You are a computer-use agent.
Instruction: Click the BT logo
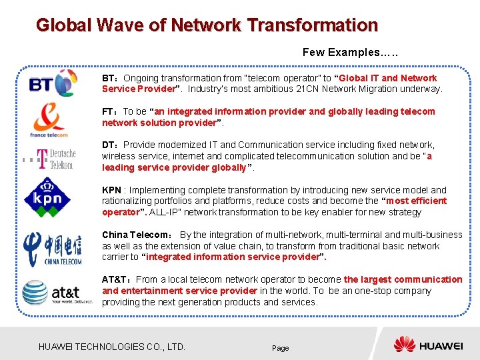tap(53, 84)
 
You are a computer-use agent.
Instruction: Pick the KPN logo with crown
tap(47, 195)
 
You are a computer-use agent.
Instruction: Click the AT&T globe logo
tap(51, 292)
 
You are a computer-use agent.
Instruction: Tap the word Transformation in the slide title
tap(312, 26)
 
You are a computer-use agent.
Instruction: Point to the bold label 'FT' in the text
tap(109, 111)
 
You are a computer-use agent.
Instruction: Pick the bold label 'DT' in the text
tap(109, 145)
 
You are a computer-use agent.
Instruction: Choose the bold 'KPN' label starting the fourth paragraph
tap(111, 190)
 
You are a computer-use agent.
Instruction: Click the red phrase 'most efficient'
tap(417, 201)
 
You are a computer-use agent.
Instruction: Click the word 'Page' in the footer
tap(280, 348)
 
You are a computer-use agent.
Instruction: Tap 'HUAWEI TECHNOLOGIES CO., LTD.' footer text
tap(112, 347)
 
